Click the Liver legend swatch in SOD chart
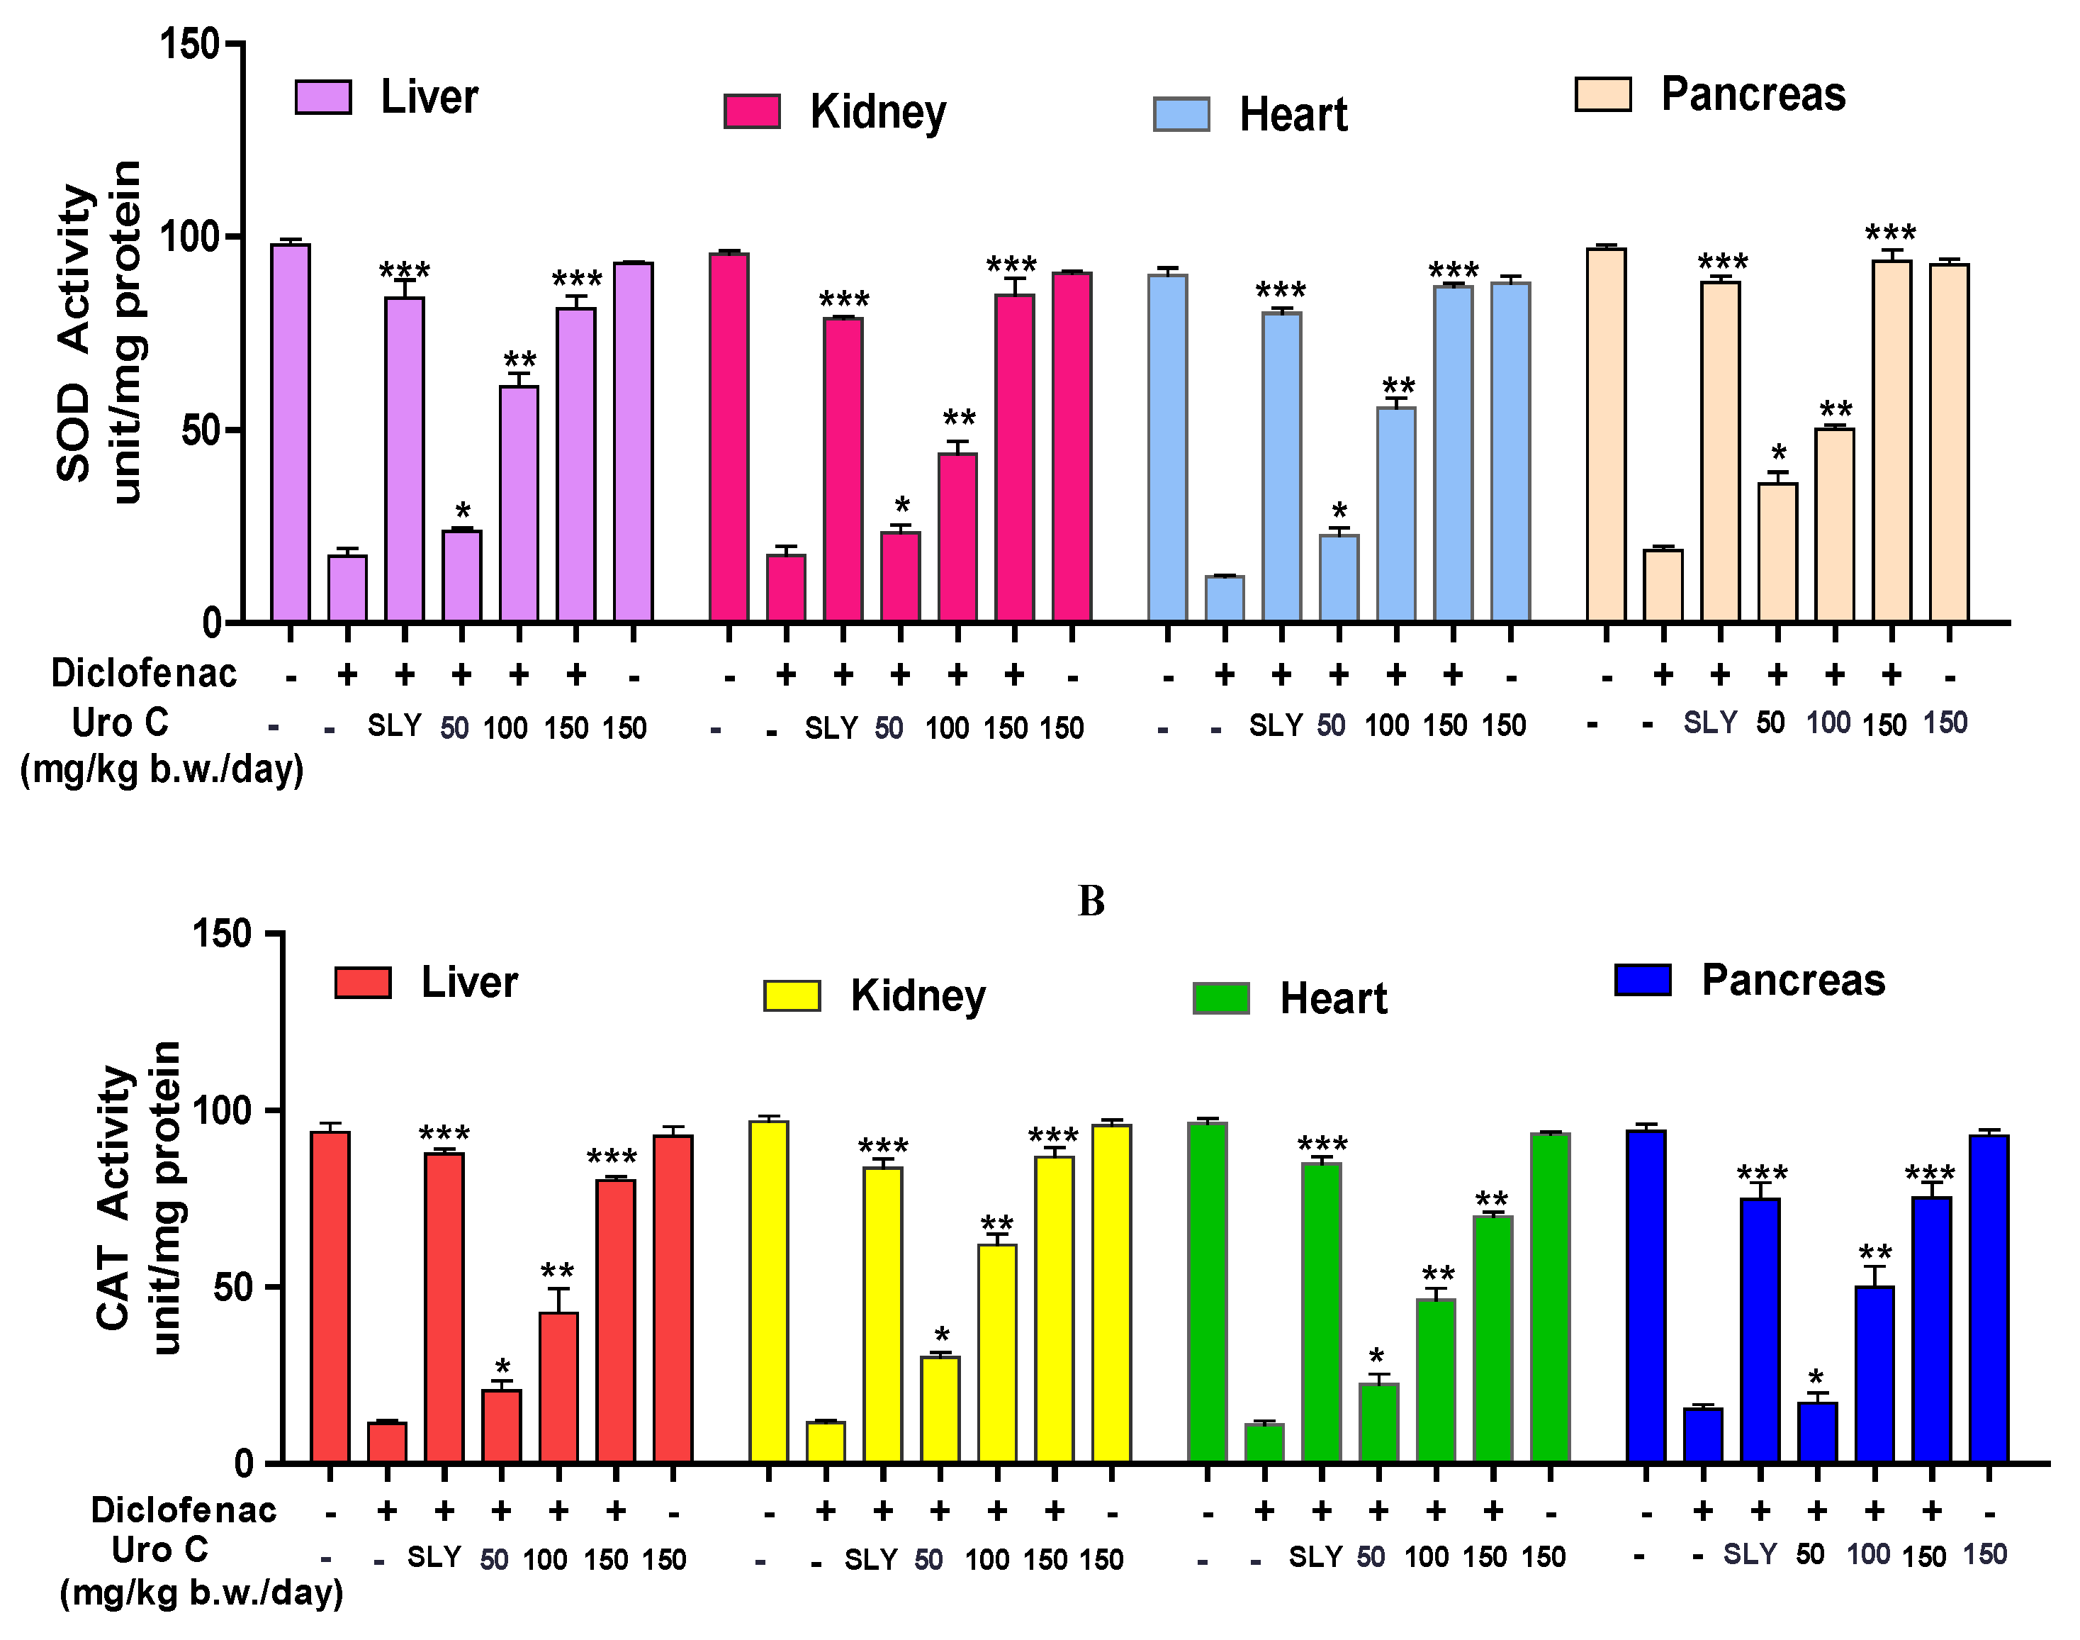[x=322, y=97]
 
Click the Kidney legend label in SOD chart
[x=877, y=112]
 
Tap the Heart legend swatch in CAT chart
[x=1221, y=998]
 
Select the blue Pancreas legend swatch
[x=1643, y=979]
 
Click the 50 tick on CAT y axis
[x=233, y=1288]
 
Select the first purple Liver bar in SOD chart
[x=290, y=432]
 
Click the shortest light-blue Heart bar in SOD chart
[x=1225, y=598]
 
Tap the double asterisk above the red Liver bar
[x=558, y=1271]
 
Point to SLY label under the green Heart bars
[x=1316, y=1556]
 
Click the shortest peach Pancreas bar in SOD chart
[x=1663, y=585]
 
